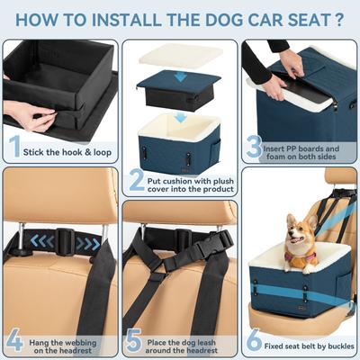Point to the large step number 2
[136, 181]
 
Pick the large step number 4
[13, 342]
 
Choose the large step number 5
[134, 342]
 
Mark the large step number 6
[255, 342]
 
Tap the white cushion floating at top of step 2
[180, 57]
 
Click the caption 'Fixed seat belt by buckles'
[310, 346]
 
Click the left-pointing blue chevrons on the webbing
[40, 240]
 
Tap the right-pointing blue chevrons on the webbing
[87, 243]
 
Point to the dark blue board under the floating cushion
[179, 90]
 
